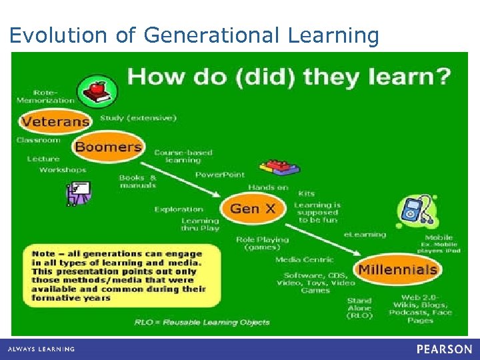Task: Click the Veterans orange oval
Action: [55, 122]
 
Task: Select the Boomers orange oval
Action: [108, 147]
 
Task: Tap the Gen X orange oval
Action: [252, 209]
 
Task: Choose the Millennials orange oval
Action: [397, 270]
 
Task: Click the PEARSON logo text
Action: [444, 349]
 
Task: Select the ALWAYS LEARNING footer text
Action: [41, 349]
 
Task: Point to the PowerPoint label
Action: [220, 175]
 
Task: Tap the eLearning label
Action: [365, 235]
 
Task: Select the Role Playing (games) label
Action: [263, 243]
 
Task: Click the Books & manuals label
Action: [137, 181]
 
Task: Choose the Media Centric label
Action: [305, 259]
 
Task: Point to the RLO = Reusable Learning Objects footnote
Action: [202, 322]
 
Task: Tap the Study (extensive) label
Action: [138, 118]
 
